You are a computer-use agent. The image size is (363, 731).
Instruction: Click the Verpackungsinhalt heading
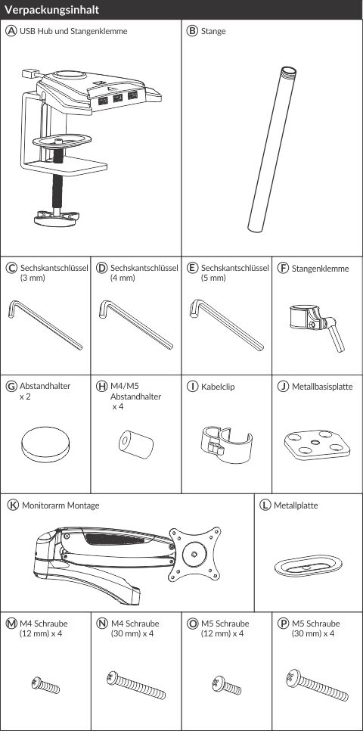51,10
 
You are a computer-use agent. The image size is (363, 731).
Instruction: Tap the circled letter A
11,31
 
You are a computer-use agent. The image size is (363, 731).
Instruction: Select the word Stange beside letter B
213,31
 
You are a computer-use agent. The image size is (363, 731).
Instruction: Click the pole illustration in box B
272,149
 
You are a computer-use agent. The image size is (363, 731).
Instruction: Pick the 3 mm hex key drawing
45,325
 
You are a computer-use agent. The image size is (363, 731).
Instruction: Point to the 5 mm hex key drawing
226,325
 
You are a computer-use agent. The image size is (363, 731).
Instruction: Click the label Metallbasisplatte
322,387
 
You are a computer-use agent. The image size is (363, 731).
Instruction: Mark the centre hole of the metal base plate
316,441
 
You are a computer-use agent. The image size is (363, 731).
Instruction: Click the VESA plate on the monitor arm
194,555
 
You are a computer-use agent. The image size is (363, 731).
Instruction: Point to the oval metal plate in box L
309,566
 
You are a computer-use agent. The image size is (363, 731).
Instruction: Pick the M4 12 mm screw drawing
45,685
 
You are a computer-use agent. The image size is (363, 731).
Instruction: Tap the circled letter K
14,505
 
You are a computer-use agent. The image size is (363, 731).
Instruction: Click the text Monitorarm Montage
60,505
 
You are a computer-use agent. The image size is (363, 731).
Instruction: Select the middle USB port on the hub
117,98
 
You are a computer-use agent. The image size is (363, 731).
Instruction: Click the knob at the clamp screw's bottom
57,218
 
